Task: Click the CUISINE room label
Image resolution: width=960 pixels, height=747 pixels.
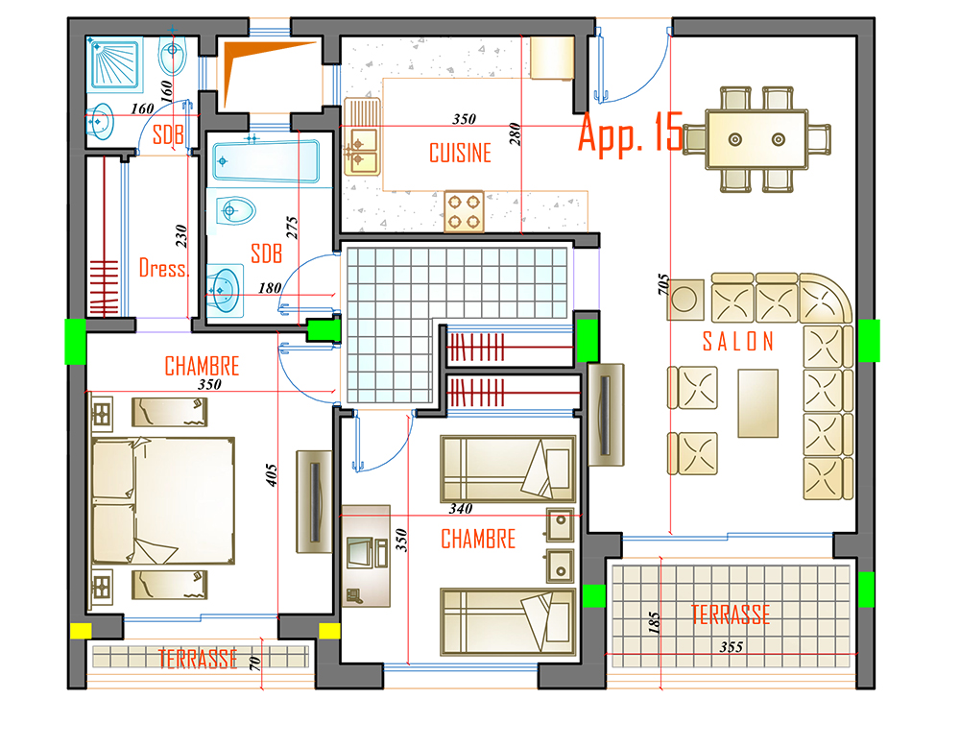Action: (x=461, y=153)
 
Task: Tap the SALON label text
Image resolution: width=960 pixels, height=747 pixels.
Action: (x=738, y=342)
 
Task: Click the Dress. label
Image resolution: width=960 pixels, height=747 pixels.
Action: (x=163, y=268)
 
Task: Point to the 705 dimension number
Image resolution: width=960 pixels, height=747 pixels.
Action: (x=663, y=284)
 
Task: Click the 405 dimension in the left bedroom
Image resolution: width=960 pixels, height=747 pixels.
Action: (x=272, y=475)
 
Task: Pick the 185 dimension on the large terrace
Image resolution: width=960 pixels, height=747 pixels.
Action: (x=654, y=623)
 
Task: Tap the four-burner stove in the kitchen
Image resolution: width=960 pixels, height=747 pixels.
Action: (x=464, y=211)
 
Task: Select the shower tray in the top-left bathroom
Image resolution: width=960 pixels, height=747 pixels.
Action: (x=115, y=63)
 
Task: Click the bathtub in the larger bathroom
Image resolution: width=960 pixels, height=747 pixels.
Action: (x=266, y=161)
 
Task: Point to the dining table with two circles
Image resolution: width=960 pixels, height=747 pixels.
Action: (x=756, y=139)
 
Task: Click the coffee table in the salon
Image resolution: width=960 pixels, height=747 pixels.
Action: (x=758, y=403)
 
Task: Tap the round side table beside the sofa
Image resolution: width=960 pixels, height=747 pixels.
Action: (x=685, y=300)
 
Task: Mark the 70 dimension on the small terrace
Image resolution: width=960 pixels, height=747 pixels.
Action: (x=254, y=663)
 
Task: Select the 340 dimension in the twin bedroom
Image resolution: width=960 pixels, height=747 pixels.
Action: (x=461, y=508)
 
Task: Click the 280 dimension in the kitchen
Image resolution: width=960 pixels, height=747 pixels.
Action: (x=515, y=134)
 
